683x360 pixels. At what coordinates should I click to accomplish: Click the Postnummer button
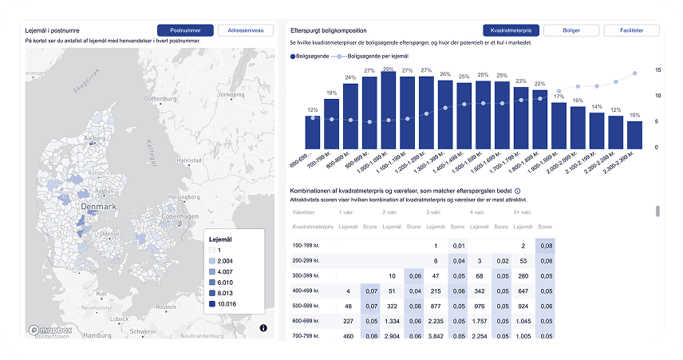click(x=185, y=30)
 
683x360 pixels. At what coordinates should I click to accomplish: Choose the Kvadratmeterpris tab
click(x=512, y=30)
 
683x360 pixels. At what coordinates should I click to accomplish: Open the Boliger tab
click(x=572, y=30)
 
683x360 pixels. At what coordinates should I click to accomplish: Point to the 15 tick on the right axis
click(x=657, y=70)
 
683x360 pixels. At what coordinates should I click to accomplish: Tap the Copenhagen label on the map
click(x=178, y=216)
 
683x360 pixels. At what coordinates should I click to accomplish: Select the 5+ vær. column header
click(x=524, y=212)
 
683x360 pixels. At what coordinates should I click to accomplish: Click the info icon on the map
click(x=263, y=327)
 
